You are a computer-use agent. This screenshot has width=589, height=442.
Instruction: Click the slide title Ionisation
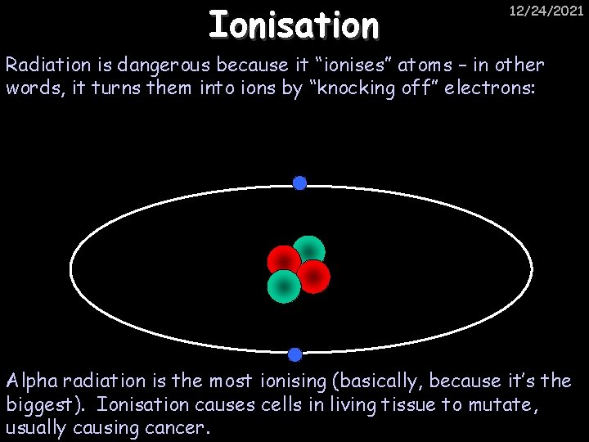click(x=294, y=25)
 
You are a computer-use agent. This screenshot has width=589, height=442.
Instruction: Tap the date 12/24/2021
click(x=546, y=11)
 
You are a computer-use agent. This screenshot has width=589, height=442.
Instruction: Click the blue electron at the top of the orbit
click(x=300, y=183)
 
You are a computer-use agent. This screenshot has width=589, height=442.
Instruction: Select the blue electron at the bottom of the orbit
click(x=295, y=354)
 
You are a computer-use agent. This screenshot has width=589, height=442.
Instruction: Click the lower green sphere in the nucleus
click(x=283, y=286)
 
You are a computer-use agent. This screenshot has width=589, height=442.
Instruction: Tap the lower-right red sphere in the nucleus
click(x=314, y=277)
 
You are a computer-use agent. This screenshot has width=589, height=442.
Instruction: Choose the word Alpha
click(x=30, y=381)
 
